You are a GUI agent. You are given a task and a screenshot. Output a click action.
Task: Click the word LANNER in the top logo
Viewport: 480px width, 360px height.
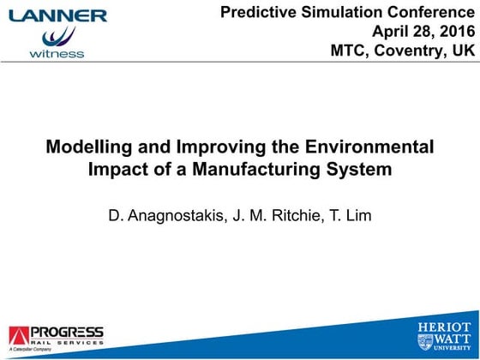point(58,15)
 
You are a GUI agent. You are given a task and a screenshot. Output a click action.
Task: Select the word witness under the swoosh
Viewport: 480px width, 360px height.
point(57,53)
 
